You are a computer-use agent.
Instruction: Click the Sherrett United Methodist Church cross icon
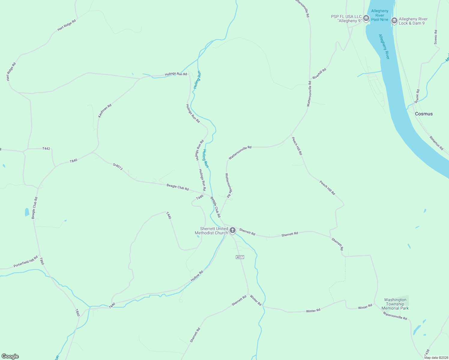[232, 230]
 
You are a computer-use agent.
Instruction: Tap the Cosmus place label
[424, 114]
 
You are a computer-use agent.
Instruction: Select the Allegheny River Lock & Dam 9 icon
[394, 21]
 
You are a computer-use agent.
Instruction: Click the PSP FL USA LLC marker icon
[366, 19]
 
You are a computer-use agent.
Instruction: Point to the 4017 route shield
[240, 257]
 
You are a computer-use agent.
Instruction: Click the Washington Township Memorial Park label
[395, 304]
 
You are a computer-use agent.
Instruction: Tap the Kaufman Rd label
[104, 111]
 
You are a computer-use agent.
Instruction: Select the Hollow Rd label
[197, 276]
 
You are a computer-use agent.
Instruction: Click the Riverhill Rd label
[319, 73]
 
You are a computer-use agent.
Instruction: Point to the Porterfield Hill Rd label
[26, 262]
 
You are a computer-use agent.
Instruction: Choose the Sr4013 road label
[118, 166]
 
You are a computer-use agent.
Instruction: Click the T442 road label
[46, 148]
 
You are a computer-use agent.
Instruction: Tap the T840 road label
[74, 161]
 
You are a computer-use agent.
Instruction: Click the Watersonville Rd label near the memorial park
[395, 316]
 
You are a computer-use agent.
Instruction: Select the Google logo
[10, 356]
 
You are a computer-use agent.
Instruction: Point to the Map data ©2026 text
[436, 358]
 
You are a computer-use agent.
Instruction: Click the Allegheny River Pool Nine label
[380, 15]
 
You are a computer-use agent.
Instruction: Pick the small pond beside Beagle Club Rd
[27, 212]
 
